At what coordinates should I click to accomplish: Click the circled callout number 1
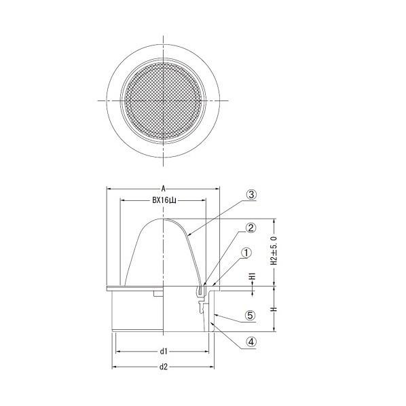pos(246,253)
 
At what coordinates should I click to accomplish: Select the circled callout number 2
pos(251,227)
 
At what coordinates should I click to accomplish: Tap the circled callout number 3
pos(251,194)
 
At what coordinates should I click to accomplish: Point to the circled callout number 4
pos(251,342)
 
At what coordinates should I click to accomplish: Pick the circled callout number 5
pos(251,316)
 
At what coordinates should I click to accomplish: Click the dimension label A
pos(163,189)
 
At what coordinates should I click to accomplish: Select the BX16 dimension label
pos(164,201)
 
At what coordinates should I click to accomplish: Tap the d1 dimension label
pos(164,351)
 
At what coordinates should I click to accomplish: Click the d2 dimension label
pos(164,367)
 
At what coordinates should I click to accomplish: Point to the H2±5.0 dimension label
pos(274,251)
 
